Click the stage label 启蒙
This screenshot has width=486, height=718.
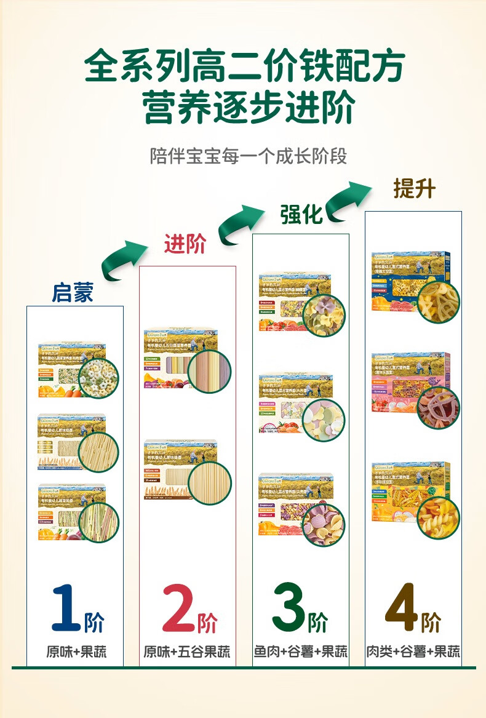[x=73, y=292]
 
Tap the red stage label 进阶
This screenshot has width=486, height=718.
[x=185, y=244]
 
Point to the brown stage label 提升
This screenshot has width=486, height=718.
[x=414, y=189]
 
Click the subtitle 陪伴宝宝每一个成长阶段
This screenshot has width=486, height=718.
[x=249, y=155]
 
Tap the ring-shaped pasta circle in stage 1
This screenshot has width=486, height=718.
[x=99, y=378]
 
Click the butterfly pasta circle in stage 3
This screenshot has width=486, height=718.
[x=324, y=316]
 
